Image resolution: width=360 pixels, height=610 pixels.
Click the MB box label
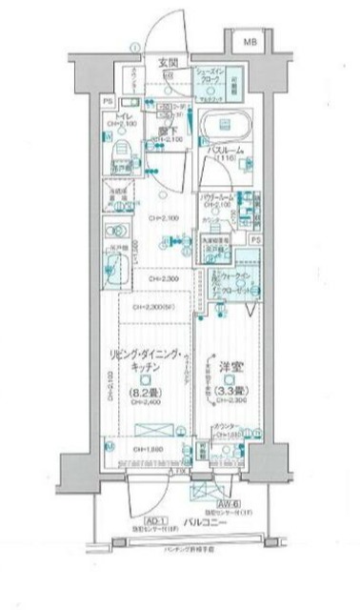248,42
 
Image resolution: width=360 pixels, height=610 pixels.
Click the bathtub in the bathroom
225,128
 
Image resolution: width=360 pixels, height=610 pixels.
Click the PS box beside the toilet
107,99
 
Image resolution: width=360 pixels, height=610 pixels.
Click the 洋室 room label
228,368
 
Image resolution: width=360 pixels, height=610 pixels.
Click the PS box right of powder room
254,241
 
